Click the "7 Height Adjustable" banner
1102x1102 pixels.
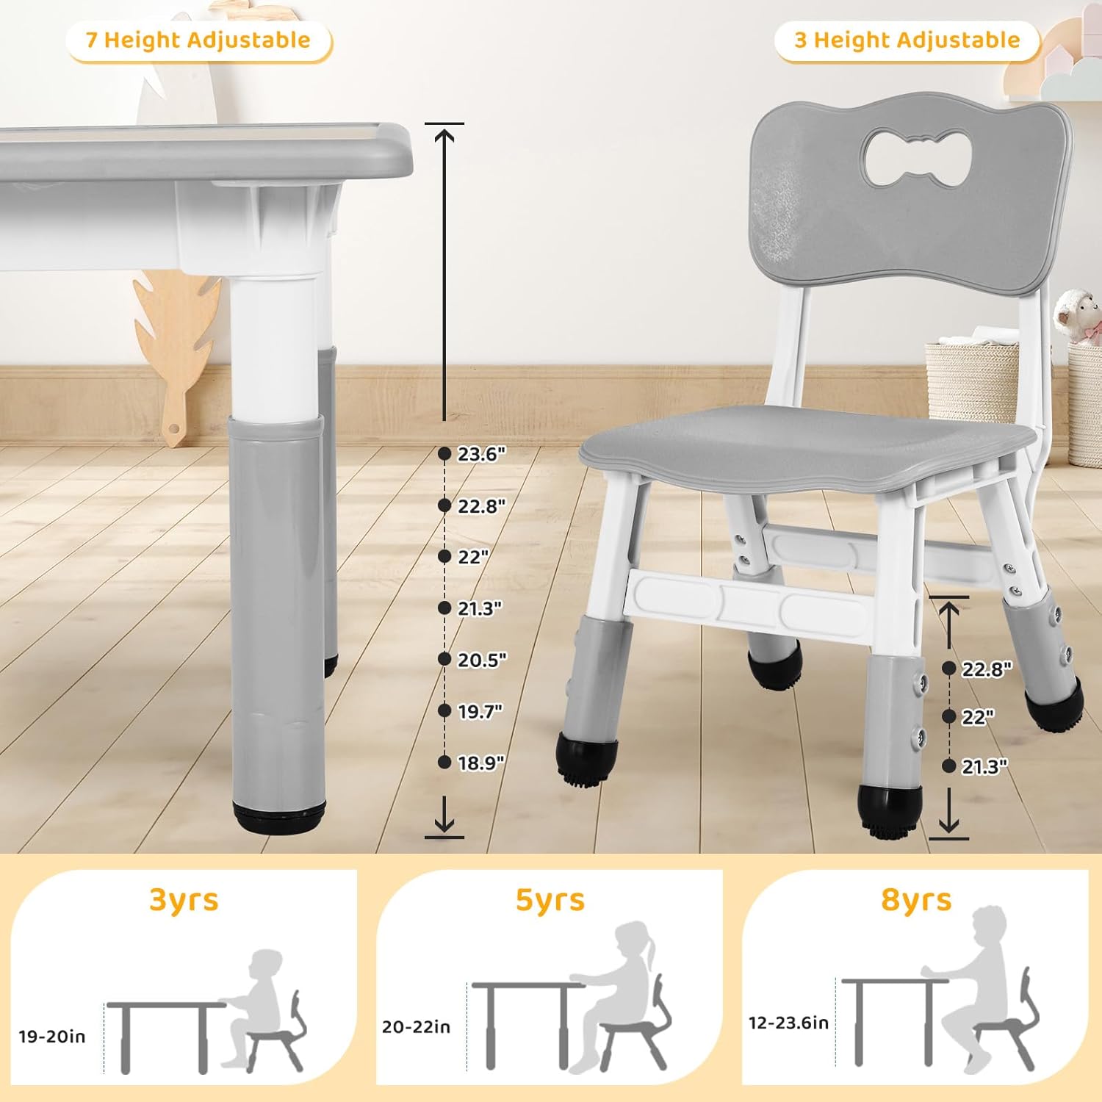click(x=198, y=40)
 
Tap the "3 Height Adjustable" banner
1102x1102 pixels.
click(x=907, y=40)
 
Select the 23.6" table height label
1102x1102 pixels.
click(x=481, y=454)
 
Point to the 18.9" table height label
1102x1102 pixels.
click(x=481, y=763)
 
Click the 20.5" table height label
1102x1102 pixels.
click(x=481, y=660)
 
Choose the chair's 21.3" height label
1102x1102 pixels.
click(x=984, y=766)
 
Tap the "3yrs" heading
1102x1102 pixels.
click(x=184, y=899)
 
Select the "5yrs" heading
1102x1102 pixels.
click(x=550, y=899)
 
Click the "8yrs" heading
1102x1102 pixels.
click(x=916, y=899)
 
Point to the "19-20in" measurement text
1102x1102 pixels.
click(x=52, y=1037)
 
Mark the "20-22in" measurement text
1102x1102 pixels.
click(x=416, y=1026)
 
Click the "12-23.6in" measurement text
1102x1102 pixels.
click(x=788, y=1023)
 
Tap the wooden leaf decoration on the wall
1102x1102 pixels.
click(x=176, y=331)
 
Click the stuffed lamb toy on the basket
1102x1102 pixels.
click(x=1076, y=312)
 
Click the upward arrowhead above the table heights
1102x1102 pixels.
click(x=444, y=134)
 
